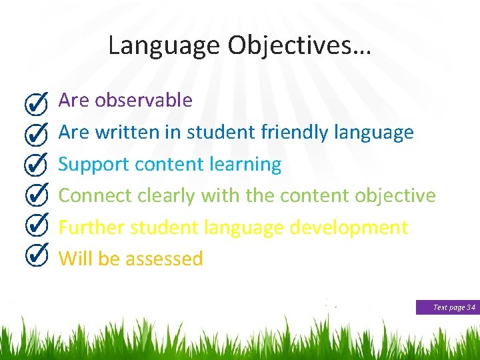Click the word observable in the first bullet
point(143,100)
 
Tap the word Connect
point(95,195)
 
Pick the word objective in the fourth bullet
point(395,195)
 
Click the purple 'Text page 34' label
point(447,307)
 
